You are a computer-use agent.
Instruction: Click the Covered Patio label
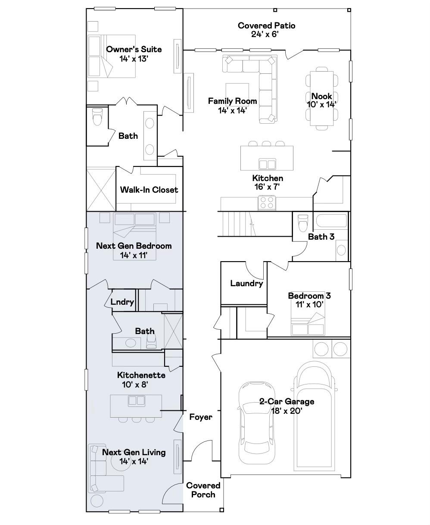(x=266, y=26)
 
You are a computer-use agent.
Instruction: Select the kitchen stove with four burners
(x=267, y=203)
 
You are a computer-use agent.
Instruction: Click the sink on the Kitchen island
(x=267, y=164)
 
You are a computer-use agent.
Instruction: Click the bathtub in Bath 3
(x=331, y=221)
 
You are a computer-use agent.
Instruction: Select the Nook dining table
(x=321, y=98)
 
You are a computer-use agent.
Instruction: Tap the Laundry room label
(x=246, y=284)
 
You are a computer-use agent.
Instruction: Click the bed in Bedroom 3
(x=308, y=325)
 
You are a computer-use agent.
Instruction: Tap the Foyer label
(x=201, y=417)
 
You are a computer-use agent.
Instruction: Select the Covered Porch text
(x=203, y=490)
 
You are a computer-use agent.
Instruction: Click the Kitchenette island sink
(x=137, y=401)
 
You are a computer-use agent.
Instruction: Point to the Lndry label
(x=122, y=302)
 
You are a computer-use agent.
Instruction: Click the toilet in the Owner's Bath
(x=97, y=116)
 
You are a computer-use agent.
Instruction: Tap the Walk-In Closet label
(x=149, y=190)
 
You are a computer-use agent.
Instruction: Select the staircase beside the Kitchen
(x=237, y=223)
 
